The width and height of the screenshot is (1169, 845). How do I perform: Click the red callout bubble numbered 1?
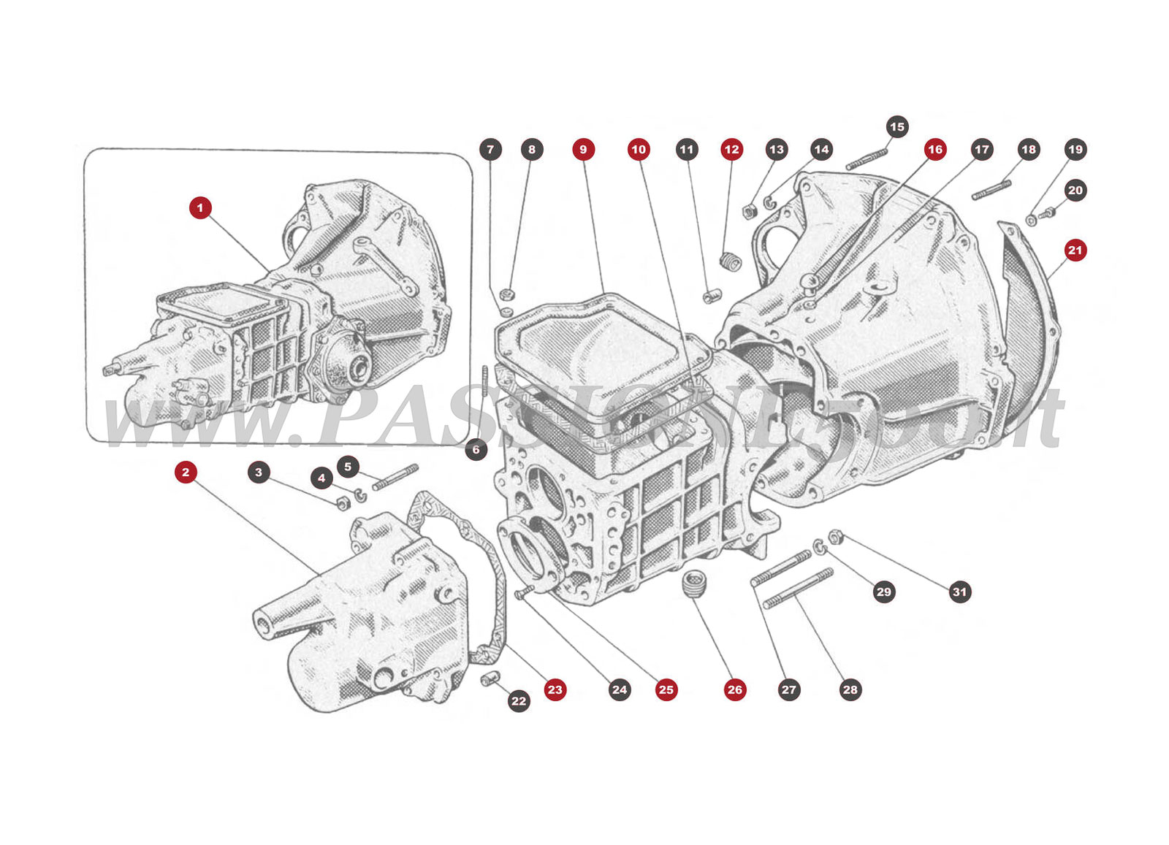pyautogui.click(x=200, y=207)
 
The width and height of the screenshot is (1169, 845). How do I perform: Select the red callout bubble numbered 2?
pyautogui.click(x=186, y=472)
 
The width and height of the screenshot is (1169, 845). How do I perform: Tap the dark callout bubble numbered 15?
pyautogui.click(x=897, y=126)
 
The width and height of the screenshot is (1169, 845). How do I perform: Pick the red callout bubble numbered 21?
pyautogui.click(x=1075, y=250)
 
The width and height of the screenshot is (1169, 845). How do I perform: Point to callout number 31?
pyautogui.click(x=959, y=592)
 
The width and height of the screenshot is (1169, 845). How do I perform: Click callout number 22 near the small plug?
pyautogui.click(x=519, y=701)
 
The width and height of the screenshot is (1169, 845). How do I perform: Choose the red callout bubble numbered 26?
pyautogui.click(x=735, y=689)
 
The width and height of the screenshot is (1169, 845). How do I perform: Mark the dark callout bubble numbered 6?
pyautogui.click(x=476, y=449)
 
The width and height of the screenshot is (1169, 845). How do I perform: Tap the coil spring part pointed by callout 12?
pyautogui.click(x=729, y=260)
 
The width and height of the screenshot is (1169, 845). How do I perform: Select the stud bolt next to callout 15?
pyautogui.click(x=867, y=160)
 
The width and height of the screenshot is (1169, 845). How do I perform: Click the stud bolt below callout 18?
pyautogui.click(x=992, y=190)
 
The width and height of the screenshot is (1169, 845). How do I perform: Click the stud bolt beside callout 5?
pyautogui.click(x=395, y=478)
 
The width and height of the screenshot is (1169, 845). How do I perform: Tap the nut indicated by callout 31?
pyautogui.click(x=837, y=537)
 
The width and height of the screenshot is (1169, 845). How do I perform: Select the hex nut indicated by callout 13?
pyautogui.click(x=749, y=212)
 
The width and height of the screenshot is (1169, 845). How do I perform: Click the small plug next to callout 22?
pyautogui.click(x=489, y=679)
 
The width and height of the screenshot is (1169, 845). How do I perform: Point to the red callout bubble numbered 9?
pyautogui.click(x=583, y=149)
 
